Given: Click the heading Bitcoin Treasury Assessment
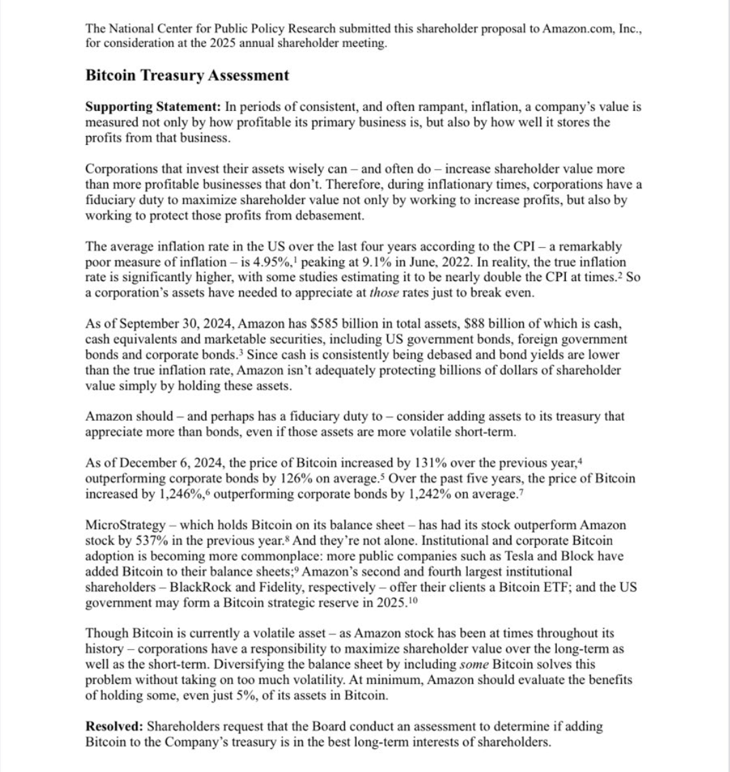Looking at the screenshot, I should click(x=187, y=76).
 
